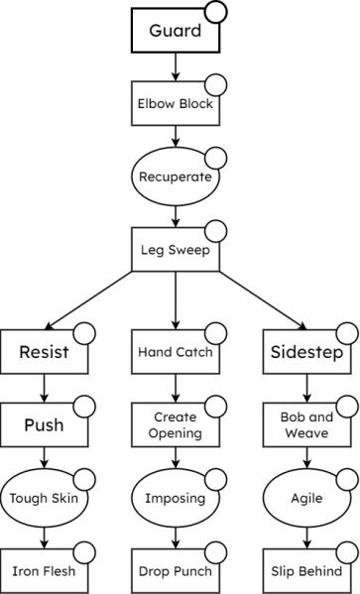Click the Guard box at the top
pyautogui.click(x=175, y=32)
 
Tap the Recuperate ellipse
pyautogui.click(x=175, y=177)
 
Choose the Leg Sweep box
pyautogui.click(x=175, y=250)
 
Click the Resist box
pyautogui.click(x=43, y=351)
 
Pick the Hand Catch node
pyautogui.click(x=175, y=351)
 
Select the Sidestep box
pyautogui.click(x=306, y=351)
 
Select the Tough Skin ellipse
pyautogui.click(x=43, y=499)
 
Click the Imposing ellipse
pyautogui.click(x=175, y=499)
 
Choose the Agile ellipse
pyautogui.click(x=306, y=499)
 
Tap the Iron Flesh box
pyautogui.click(x=43, y=572)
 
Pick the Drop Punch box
pyautogui.click(x=175, y=572)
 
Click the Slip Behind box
pyautogui.click(x=306, y=572)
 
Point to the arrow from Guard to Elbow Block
pyautogui.click(x=175, y=67)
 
